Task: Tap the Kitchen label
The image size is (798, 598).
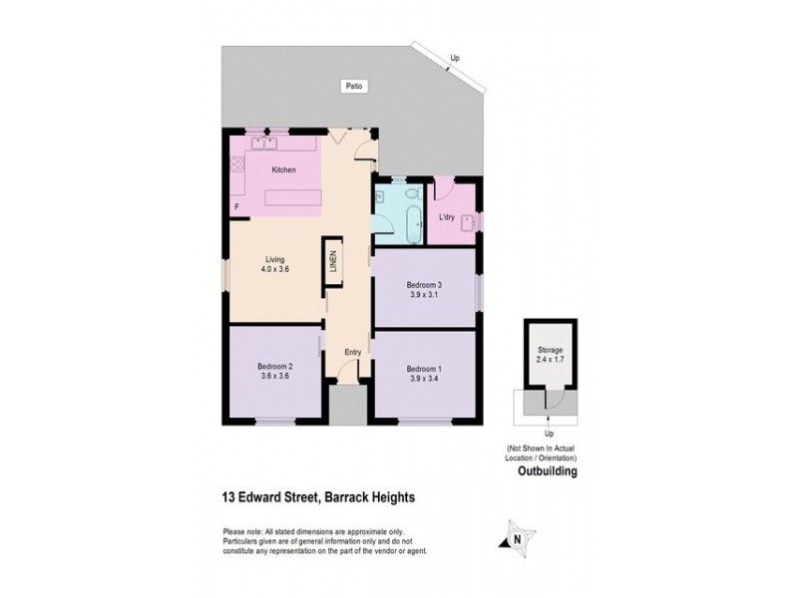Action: [x=284, y=170]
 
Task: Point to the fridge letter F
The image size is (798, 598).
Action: [x=236, y=208]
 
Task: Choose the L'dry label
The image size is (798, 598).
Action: [x=446, y=217]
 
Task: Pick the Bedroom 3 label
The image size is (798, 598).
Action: [x=425, y=285]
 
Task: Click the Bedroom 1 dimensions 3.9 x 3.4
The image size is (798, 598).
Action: [x=425, y=379]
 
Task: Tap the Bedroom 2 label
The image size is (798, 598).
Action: [x=274, y=367]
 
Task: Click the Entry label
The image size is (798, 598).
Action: [x=352, y=352]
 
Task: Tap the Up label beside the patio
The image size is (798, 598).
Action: [x=455, y=58]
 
